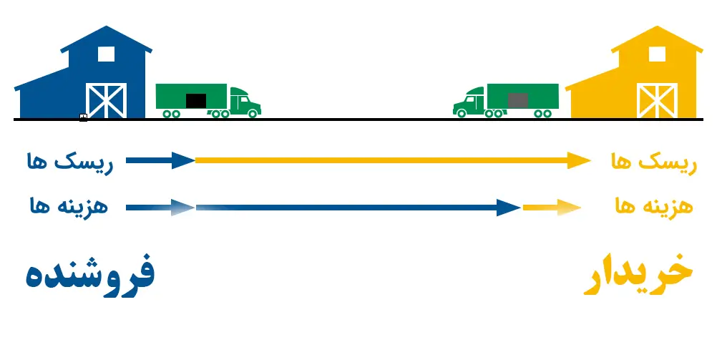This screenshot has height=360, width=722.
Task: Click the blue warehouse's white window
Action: point(106,53)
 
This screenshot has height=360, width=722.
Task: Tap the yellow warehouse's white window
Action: point(657,53)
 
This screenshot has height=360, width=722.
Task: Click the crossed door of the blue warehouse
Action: point(106,100)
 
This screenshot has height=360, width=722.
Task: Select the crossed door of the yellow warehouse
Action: point(657,100)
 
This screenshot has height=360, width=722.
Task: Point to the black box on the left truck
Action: point(195,101)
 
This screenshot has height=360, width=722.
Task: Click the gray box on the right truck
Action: point(518,100)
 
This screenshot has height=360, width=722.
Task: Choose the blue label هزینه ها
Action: point(69,208)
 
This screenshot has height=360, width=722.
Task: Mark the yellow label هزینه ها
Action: point(653,208)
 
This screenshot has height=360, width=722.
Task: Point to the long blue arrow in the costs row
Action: point(358,208)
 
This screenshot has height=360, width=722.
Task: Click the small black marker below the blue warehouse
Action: point(83,117)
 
